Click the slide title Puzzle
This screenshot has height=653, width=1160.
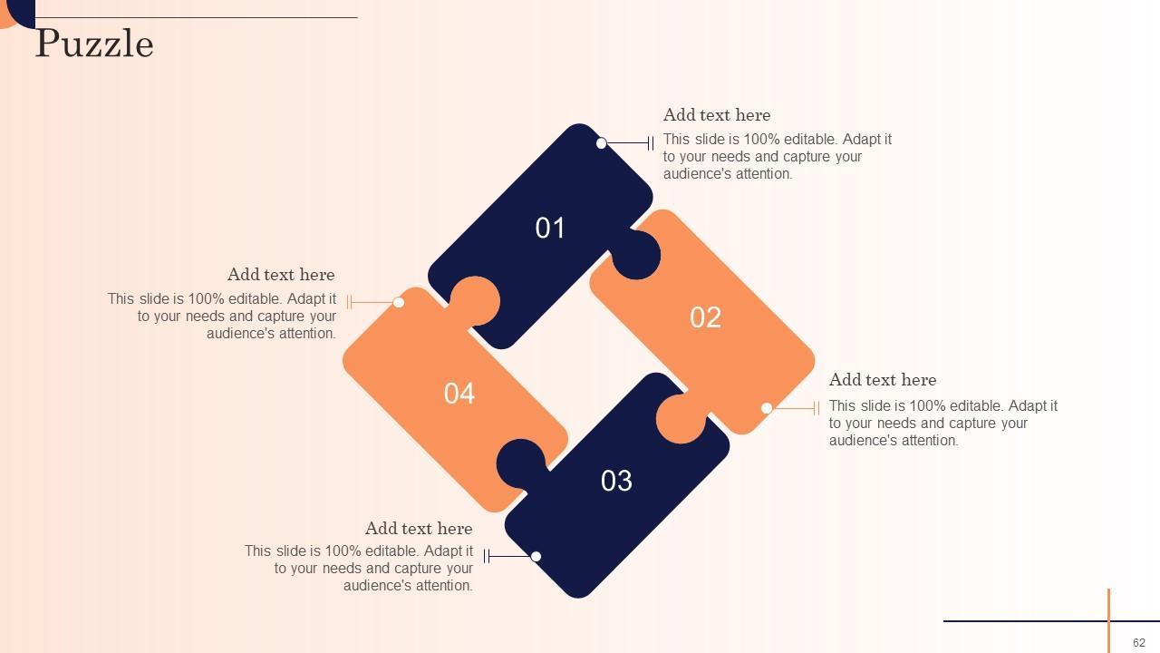click(x=94, y=44)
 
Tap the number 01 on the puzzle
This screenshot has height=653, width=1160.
click(x=550, y=228)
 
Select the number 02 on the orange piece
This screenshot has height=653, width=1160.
click(x=705, y=317)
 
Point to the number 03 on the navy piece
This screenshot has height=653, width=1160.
click(x=616, y=481)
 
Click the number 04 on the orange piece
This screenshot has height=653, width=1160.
click(x=459, y=394)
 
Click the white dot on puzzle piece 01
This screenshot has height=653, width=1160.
click(x=601, y=143)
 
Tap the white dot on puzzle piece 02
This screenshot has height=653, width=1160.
click(x=767, y=408)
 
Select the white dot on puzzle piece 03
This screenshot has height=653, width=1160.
click(x=536, y=556)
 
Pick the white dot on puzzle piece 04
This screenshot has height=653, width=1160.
click(x=399, y=302)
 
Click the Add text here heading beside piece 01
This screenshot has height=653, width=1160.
click(x=717, y=114)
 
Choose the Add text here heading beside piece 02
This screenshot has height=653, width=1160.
click(x=883, y=379)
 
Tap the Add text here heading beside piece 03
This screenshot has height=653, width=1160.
click(x=419, y=528)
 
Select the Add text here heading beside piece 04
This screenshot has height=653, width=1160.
click(x=281, y=274)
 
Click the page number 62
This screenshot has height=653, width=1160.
click(x=1139, y=643)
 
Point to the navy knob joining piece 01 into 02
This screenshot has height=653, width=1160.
click(x=636, y=255)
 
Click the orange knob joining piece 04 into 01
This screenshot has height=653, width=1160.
click(x=474, y=301)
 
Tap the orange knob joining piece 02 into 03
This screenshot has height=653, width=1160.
click(x=681, y=419)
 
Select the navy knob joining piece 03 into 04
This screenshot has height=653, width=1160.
click(x=521, y=464)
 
